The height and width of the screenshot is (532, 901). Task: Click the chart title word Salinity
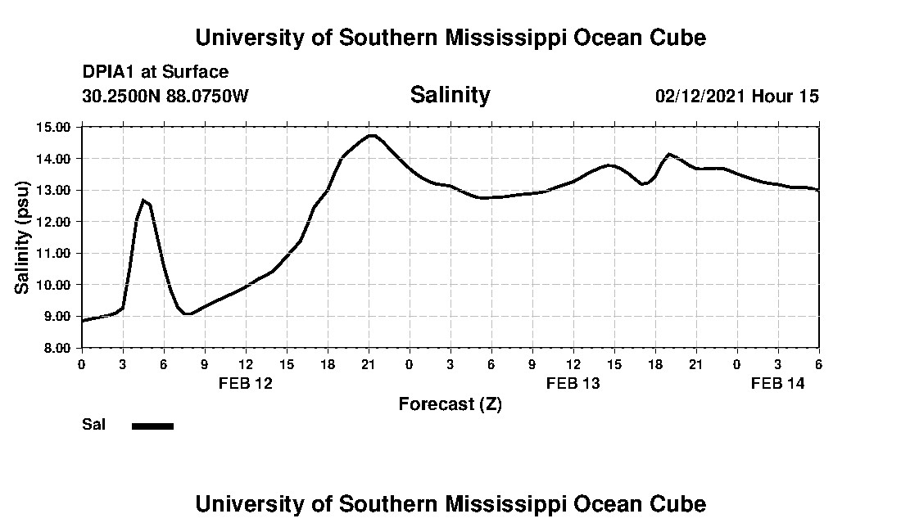450,95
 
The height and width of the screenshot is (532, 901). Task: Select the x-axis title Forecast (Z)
450,404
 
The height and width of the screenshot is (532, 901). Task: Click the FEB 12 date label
246,383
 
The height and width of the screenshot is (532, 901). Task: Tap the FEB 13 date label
573,383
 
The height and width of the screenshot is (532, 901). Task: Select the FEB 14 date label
778,383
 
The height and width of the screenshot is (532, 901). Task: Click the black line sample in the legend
152,426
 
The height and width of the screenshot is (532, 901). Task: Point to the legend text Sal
93,425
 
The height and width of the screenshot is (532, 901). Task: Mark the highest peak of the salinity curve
371,135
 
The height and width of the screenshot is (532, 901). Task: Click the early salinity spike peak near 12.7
143,200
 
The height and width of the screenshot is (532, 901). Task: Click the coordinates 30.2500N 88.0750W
165,96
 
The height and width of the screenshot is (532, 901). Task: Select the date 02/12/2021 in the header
700,96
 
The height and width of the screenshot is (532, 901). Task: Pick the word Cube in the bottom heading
682,504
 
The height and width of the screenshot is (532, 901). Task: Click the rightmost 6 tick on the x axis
818,363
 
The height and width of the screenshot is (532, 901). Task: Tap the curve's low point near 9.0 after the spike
188,313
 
